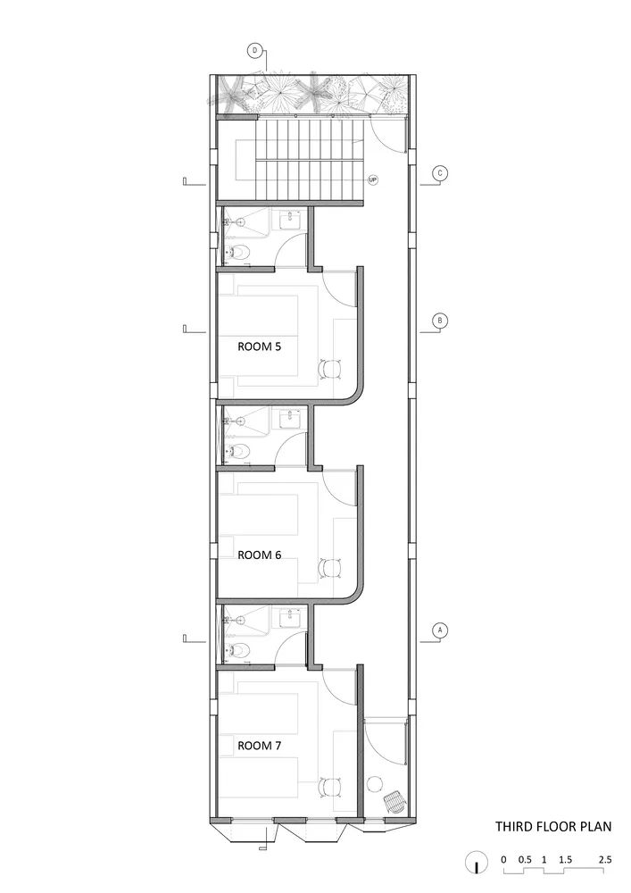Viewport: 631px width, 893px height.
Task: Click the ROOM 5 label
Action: [x=260, y=346]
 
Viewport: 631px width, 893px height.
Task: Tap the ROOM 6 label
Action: [x=260, y=555]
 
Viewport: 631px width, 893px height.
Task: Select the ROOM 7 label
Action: [x=260, y=744]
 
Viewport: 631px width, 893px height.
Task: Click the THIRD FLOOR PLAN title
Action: [x=553, y=827]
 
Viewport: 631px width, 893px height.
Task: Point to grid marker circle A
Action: [x=438, y=630]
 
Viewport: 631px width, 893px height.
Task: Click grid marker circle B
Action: [x=438, y=321]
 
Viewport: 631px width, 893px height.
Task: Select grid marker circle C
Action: [x=438, y=173]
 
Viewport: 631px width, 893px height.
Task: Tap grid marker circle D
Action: [x=255, y=51]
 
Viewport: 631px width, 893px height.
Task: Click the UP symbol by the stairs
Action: [x=373, y=179]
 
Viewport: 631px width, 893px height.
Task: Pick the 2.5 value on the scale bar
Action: [x=604, y=859]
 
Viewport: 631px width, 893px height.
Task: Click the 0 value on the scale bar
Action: [x=503, y=859]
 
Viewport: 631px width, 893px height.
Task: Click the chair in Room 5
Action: [x=330, y=367]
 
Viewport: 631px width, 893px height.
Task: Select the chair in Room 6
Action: [x=330, y=566]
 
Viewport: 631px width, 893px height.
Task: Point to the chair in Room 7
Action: [x=330, y=786]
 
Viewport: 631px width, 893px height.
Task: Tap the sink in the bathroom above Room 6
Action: [x=290, y=416]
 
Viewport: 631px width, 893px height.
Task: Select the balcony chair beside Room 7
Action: [x=394, y=802]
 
